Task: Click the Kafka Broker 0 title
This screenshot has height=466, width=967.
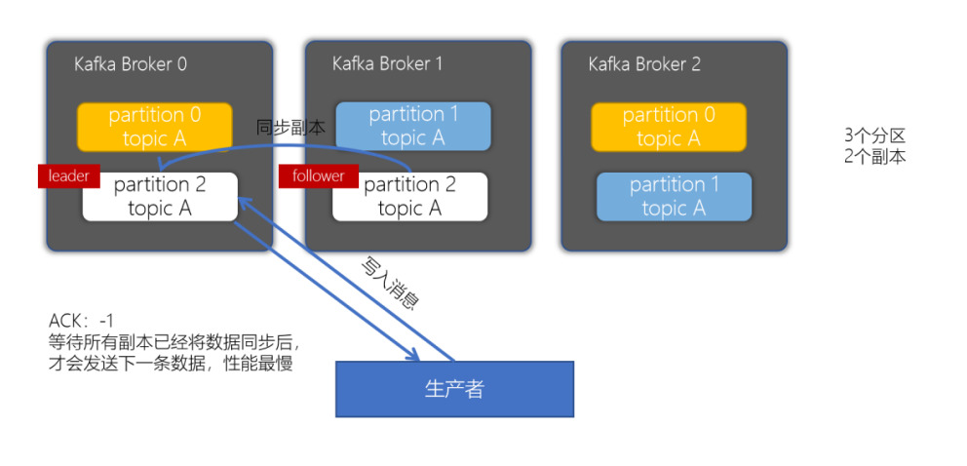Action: pyautogui.click(x=131, y=64)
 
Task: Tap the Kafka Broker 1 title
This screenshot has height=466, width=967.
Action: pyautogui.click(x=387, y=64)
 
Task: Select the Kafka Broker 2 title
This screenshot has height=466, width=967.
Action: pyautogui.click(x=644, y=64)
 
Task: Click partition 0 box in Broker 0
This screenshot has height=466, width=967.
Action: pyautogui.click(x=155, y=127)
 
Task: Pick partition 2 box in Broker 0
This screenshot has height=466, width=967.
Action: pyautogui.click(x=160, y=197)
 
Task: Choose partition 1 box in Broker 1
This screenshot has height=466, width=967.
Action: pyautogui.click(x=412, y=127)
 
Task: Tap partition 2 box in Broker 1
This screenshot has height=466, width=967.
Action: pyautogui.click(x=409, y=197)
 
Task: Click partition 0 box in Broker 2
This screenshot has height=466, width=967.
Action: pyautogui.click(x=669, y=127)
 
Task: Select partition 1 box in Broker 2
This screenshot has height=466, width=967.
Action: pyautogui.click(x=674, y=196)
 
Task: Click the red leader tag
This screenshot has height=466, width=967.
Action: pyautogui.click(x=68, y=176)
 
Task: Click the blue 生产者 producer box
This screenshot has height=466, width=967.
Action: pyautogui.click(x=454, y=389)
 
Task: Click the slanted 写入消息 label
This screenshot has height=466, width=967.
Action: pyautogui.click(x=389, y=284)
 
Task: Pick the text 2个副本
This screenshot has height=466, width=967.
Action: pyautogui.click(x=874, y=156)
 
